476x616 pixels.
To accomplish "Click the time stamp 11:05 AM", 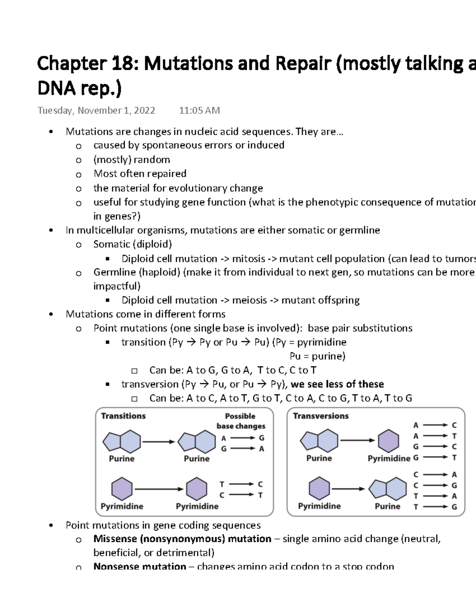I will tap(199, 111).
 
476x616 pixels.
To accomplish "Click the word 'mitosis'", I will tap(248, 259).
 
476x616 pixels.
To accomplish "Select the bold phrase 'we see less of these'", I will tap(337, 384).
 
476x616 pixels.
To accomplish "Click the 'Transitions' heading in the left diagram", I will tap(123, 416).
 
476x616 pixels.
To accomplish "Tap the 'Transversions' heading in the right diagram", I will tap(321, 416).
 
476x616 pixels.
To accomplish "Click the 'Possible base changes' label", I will tap(240, 421).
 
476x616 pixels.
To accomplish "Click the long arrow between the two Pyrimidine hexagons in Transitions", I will tap(159, 489).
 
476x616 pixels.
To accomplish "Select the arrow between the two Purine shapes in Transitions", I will tap(158, 441).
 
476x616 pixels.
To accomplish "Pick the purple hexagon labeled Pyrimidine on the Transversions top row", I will tap(388, 441).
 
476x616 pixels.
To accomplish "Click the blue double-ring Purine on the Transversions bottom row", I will tap(388, 489).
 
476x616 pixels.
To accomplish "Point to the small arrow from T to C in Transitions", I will tap(241, 484).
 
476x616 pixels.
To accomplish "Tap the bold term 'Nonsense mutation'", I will tap(140, 566).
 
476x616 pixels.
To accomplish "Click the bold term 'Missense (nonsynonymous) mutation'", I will tap(182, 539).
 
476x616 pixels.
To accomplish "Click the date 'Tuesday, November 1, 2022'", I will tap(96, 111).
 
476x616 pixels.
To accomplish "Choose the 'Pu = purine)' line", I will tap(317, 356).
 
